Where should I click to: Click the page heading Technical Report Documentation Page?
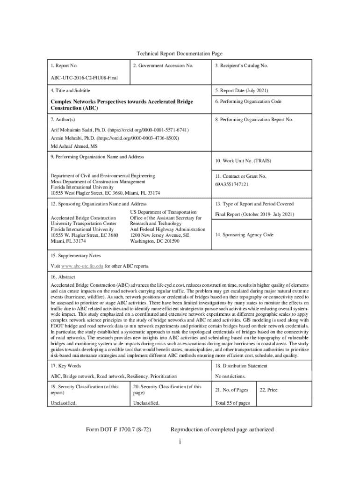pyautogui.click(x=180, y=54)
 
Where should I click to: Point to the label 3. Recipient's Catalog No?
pyautogui.click(x=241, y=66)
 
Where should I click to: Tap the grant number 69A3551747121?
pyautogui.click(x=232, y=184)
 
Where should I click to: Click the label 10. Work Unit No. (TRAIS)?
pyautogui.click(x=243, y=161)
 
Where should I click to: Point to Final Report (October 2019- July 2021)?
pyautogui.click(x=254, y=214)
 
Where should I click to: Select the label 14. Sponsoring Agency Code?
pyautogui.click(x=244, y=235)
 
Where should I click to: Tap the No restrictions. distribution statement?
pyautogui.click(x=230, y=376)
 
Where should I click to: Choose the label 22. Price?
pyautogui.click(x=269, y=390)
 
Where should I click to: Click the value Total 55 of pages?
pyautogui.click(x=232, y=403)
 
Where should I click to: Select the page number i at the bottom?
pyautogui.click(x=180, y=443)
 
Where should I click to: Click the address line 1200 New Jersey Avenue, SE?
pyautogui.click(x=159, y=235)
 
